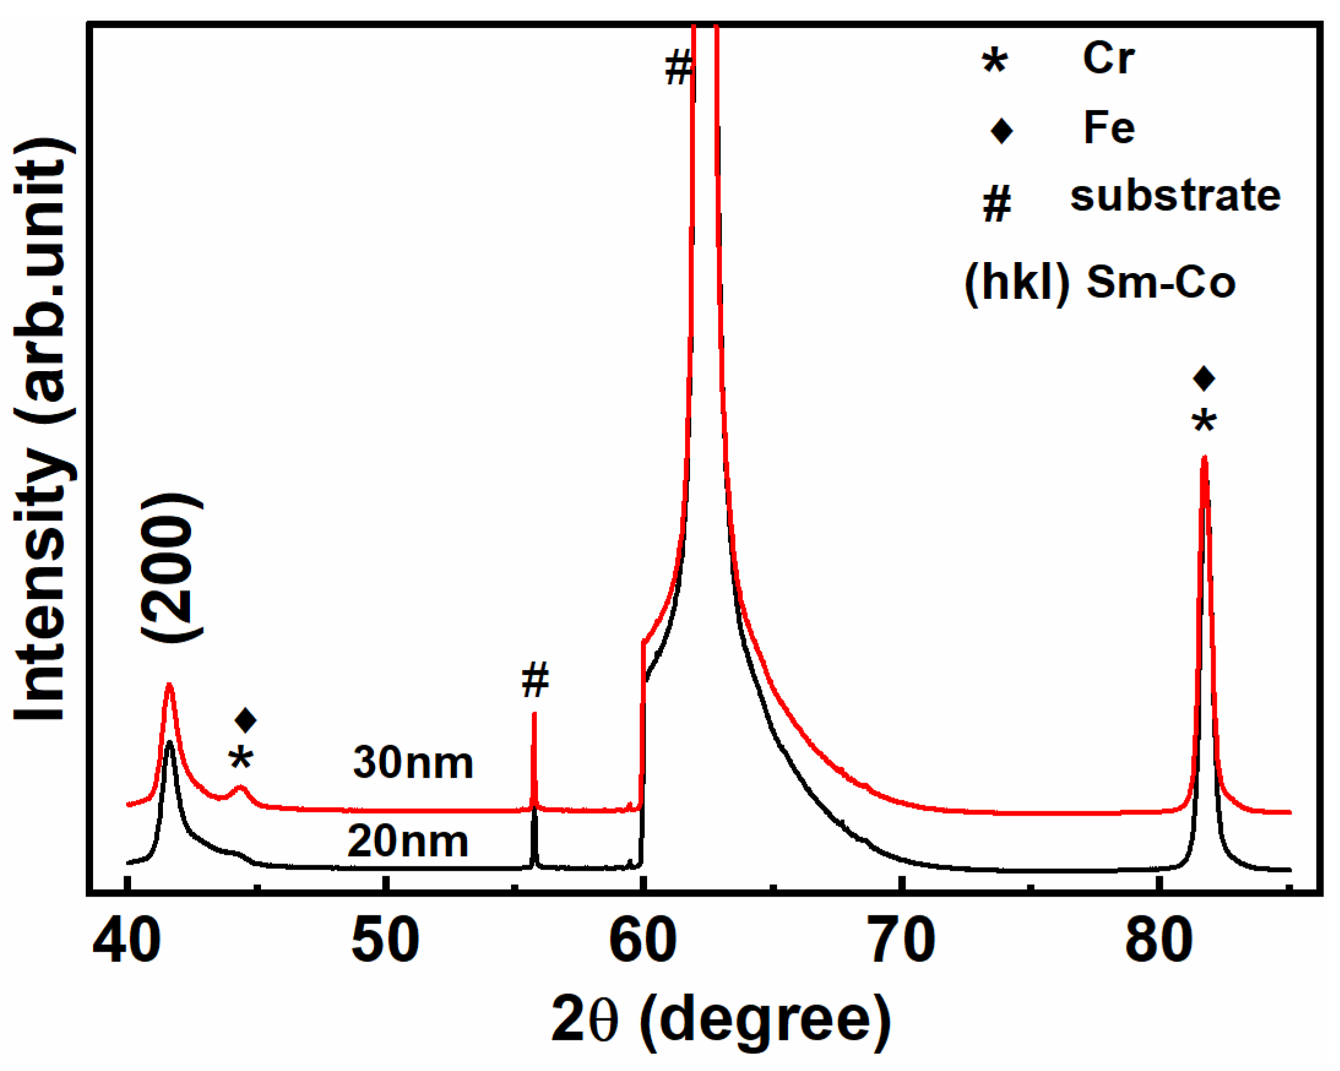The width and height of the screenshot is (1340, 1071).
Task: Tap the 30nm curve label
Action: pyautogui.click(x=413, y=763)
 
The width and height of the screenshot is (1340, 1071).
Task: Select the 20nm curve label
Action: pyautogui.click(x=407, y=842)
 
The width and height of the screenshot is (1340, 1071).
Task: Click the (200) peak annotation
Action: pyautogui.click(x=172, y=568)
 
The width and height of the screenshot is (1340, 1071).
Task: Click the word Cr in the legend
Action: pyautogui.click(x=1108, y=58)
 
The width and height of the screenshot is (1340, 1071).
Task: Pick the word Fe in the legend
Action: pyautogui.click(x=1109, y=128)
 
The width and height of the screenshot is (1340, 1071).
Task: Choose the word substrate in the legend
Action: pyautogui.click(x=1175, y=197)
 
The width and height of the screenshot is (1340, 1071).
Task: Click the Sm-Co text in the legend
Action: pyautogui.click(x=1160, y=283)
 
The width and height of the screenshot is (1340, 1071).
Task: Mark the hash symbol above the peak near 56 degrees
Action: pyautogui.click(x=534, y=680)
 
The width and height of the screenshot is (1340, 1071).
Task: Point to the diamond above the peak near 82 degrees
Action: pyautogui.click(x=1204, y=378)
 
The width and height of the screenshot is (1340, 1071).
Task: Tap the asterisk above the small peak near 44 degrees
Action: pyautogui.click(x=241, y=759)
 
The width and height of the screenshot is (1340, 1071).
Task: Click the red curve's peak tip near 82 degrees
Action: pyautogui.click(x=1205, y=459)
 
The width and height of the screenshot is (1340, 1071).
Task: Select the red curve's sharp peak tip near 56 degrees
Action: pyautogui.click(x=534, y=715)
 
